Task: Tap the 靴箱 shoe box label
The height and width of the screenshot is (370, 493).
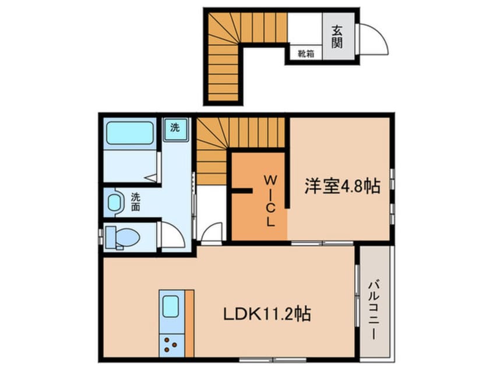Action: (306, 54)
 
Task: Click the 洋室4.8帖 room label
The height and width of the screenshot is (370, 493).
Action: (341, 186)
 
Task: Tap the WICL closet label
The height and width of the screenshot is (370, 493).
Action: (271, 199)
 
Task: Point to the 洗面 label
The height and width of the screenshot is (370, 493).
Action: (136, 202)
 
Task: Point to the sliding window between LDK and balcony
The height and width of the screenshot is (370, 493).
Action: (356, 292)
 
